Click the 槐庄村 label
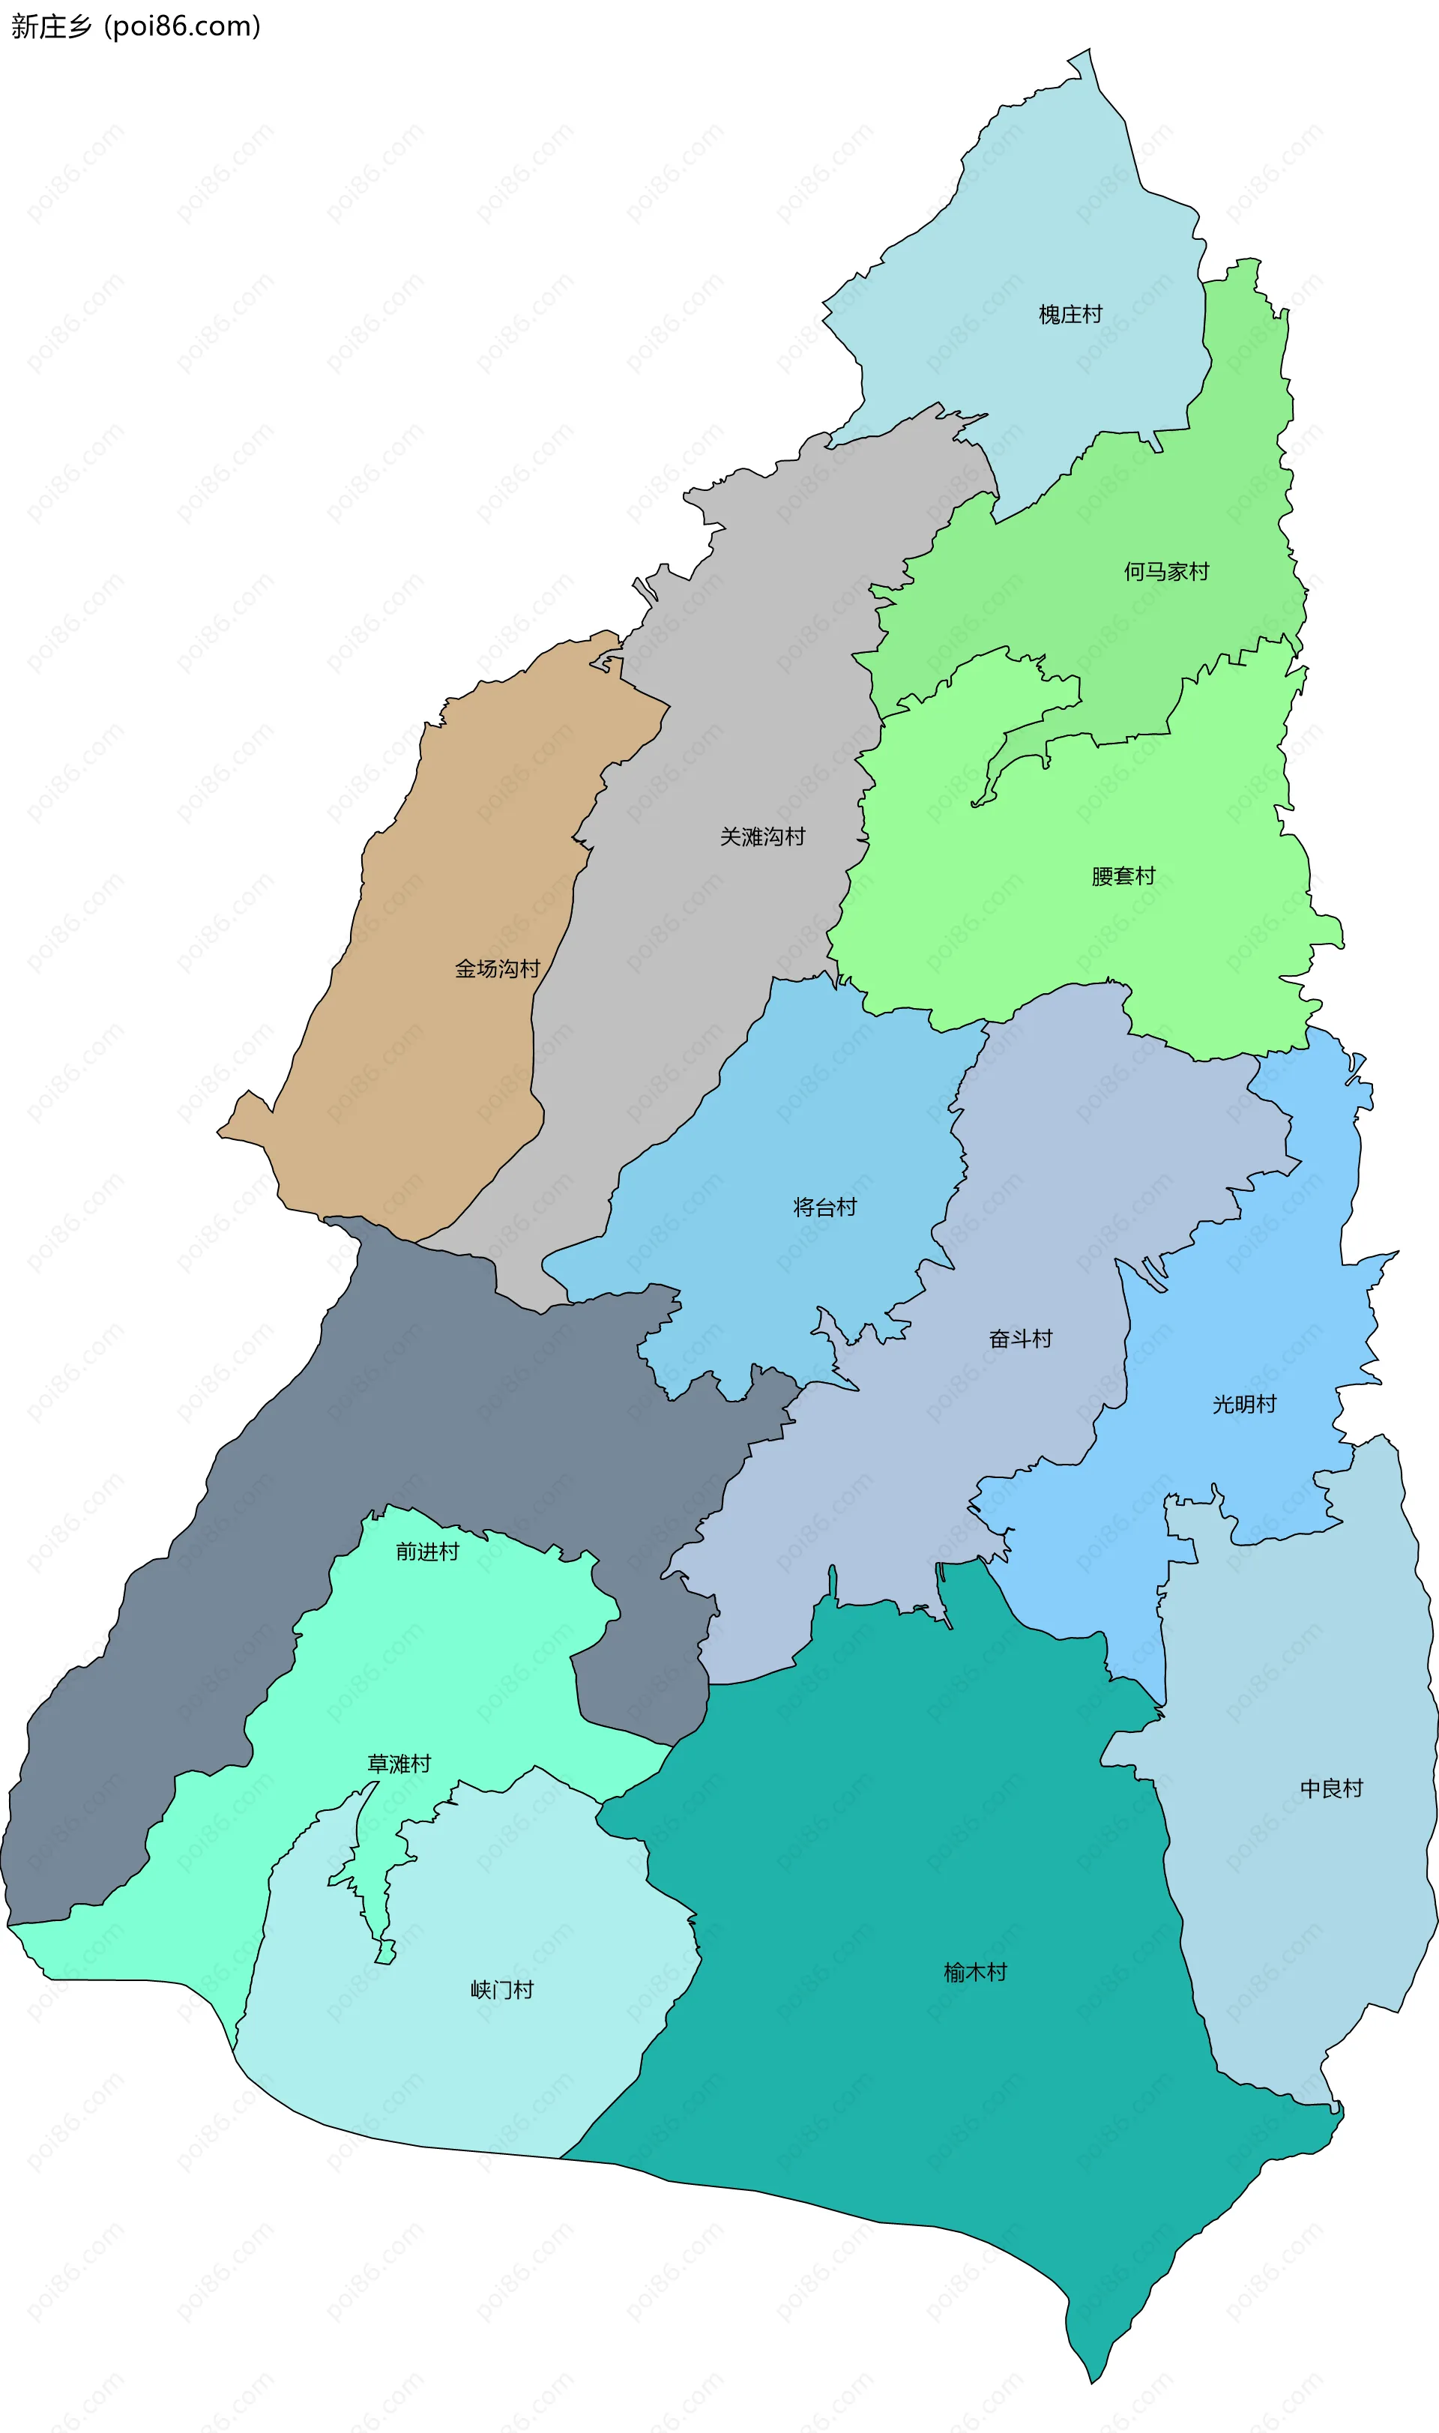(x=1070, y=314)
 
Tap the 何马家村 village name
(x=1166, y=571)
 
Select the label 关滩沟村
(x=762, y=836)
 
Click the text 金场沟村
(x=498, y=968)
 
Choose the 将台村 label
(x=825, y=1206)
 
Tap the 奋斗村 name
(x=1020, y=1338)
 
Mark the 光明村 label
(x=1244, y=1403)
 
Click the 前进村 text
(x=426, y=1552)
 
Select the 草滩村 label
(x=399, y=1763)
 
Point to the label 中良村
(x=1331, y=1787)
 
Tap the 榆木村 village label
(x=976, y=1971)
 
